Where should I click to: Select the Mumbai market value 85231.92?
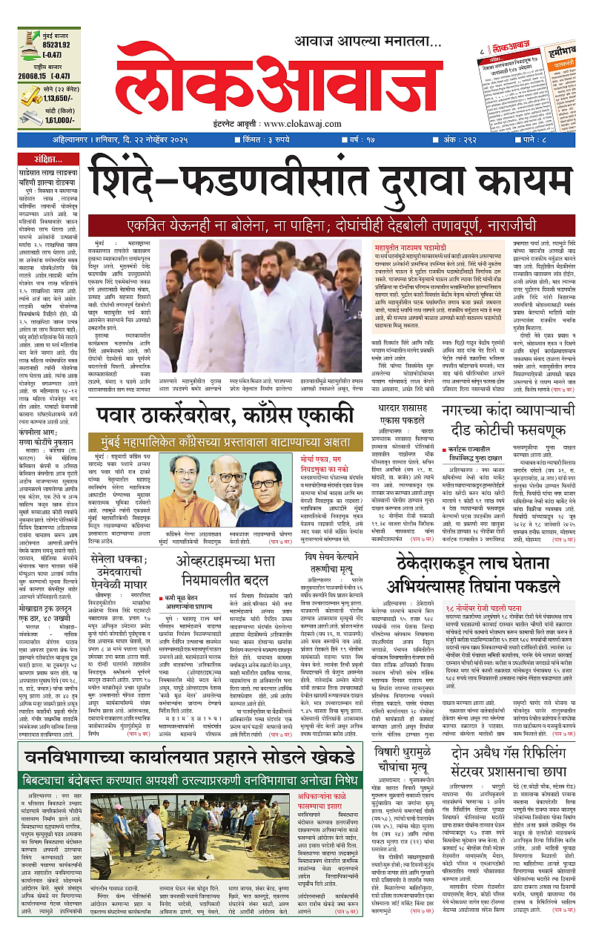click(x=45, y=44)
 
